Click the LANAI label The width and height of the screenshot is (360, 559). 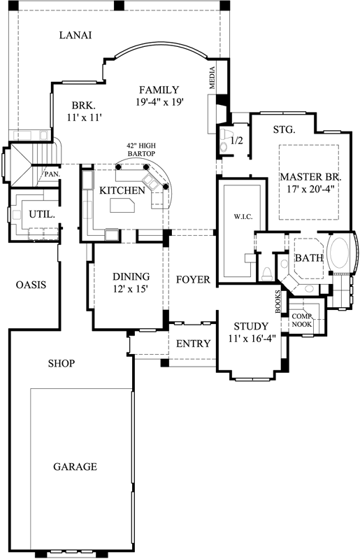pyautogui.click(x=76, y=35)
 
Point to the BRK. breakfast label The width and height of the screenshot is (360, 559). pyautogui.click(x=82, y=106)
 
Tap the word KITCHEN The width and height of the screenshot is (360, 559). pyautogui.click(x=122, y=190)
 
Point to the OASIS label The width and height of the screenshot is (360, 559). pyautogui.click(x=31, y=285)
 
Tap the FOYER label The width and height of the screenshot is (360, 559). pyautogui.click(x=193, y=280)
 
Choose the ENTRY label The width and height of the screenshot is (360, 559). pyautogui.click(x=189, y=344)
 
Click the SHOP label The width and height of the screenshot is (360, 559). pyautogui.click(x=62, y=363)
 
